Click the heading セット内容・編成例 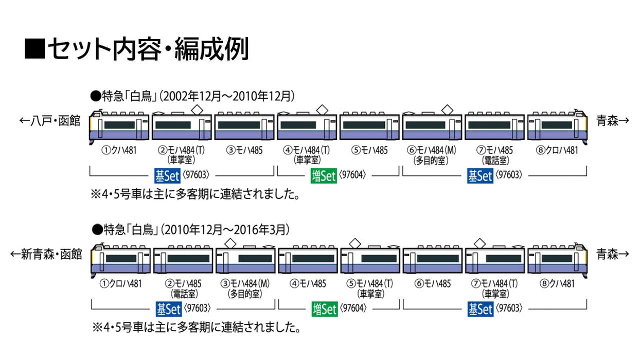coord(147,50)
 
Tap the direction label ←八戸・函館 coord(50,121)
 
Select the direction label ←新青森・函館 coord(47,254)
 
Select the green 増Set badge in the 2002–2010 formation coord(324,176)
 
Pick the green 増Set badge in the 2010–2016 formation coord(324,309)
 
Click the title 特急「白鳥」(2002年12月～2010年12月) coord(192,96)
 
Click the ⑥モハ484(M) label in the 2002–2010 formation coord(432,151)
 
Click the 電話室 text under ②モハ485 coord(183,293)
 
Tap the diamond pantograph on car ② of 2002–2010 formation coord(197,109)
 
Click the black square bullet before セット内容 coord(35,50)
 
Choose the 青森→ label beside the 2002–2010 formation coord(612,121)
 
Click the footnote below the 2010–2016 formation coord(195,327)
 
